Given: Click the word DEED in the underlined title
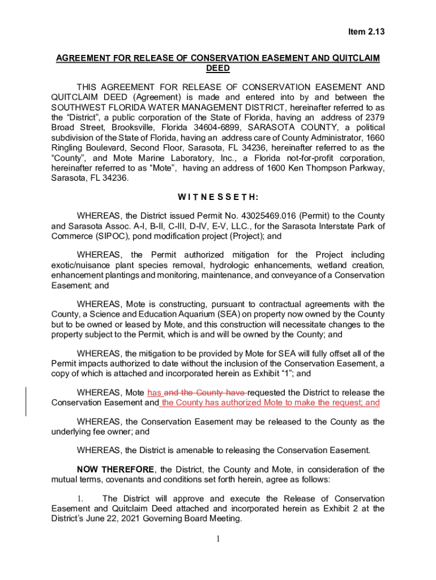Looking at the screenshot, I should [x=217, y=69].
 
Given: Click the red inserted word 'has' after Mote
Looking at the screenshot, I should [x=154, y=393].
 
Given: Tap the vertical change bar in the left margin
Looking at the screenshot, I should [x=26, y=393].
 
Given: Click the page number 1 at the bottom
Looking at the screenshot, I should [x=218, y=539].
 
